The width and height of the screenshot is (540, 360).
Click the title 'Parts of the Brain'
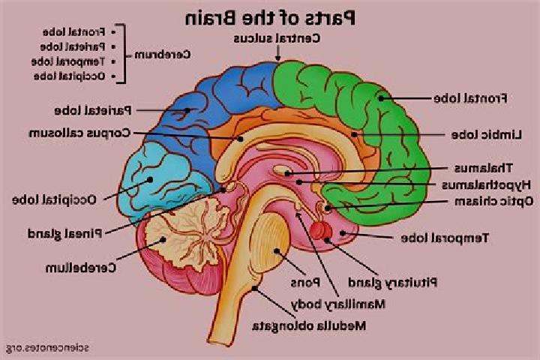point(270,18)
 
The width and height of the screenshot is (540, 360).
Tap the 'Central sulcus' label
point(277,38)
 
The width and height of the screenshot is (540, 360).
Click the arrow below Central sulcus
point(277,53)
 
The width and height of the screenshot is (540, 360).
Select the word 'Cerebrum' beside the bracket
point(162,55)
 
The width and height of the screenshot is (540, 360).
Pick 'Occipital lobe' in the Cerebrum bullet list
point(69,76)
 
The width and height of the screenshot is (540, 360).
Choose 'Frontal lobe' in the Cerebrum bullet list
point(73,32)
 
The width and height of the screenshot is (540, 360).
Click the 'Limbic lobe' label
point(486,135)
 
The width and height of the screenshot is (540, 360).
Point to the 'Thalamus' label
point(483,168)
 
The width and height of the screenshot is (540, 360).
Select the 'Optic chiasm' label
point(493,202)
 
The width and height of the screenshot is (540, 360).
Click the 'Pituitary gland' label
point(392,283)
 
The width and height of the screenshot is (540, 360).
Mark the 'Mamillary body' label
point(337,304)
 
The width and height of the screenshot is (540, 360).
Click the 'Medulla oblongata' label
point(309,326)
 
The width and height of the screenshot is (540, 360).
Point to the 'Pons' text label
point(305,283)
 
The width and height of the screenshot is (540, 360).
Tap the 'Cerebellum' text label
point(81,268)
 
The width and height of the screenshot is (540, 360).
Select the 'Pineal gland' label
point(64,234)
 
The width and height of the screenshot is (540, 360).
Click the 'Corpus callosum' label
point(79,133)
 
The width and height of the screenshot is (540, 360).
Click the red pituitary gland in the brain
point(321,230)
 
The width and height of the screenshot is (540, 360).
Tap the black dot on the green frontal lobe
point(381,98)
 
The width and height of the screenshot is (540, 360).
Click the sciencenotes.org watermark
point(47,348)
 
